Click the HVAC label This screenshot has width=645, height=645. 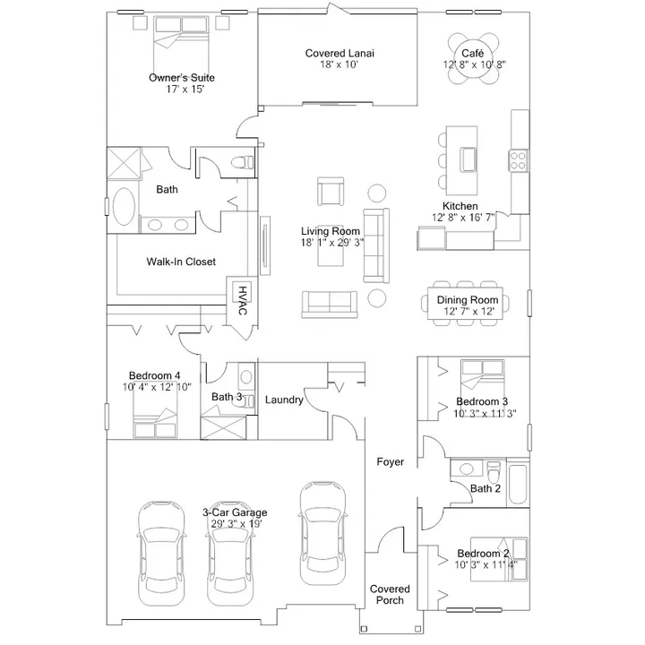(x=243, y=301)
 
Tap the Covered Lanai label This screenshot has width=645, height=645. (x=340, y=53)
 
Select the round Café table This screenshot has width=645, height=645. (x=473, y=58)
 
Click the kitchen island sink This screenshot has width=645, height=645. (x=469, y=159)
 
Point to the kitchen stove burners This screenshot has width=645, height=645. (x=518, y=161)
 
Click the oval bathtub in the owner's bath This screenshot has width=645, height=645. (x=124, y=207)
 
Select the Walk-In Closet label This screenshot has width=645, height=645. (x=181, y=262)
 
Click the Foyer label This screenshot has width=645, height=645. (x=391, y=462)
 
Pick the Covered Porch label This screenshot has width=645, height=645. (x=390, y=595)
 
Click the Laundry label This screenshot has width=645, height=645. (x=284, y=400)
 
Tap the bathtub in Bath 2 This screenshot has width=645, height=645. (x=518, y=484)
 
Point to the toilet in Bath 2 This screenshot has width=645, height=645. (x=494, y=472)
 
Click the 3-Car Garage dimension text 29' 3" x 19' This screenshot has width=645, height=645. (x=236, y=524)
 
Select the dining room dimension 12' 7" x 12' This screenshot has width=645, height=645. (x=469, y=312)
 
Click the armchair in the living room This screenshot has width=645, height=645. (x=331, y=192)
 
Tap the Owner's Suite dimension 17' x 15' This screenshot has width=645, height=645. (x=185, y=90)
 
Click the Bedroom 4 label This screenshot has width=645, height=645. (x=155, y=375)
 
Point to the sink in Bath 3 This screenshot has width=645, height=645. (x=246, y=377)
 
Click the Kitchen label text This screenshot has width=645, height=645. (x=460, y=206)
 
